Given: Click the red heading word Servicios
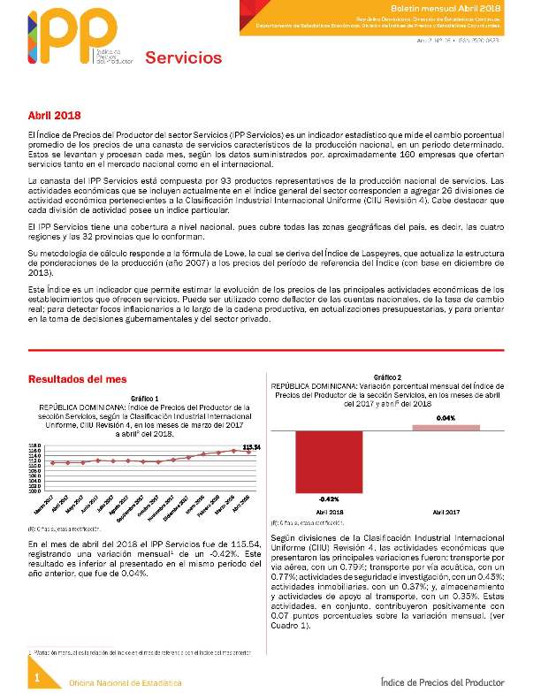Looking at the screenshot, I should coord(183,58).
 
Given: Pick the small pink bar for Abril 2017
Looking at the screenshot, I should coord(446,428).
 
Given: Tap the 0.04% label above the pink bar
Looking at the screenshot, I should coord(446,417).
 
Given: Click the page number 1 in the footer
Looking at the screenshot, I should coord(38,677).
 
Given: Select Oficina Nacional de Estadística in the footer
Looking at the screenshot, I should coord(126,683).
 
